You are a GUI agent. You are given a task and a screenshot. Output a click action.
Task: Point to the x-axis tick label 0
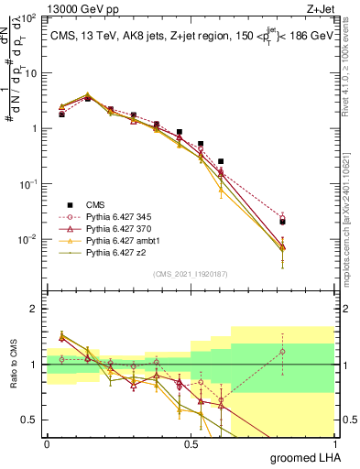click(x=47, y=442)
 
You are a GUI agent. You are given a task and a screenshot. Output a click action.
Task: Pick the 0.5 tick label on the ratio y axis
click(x=29, y=420)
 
